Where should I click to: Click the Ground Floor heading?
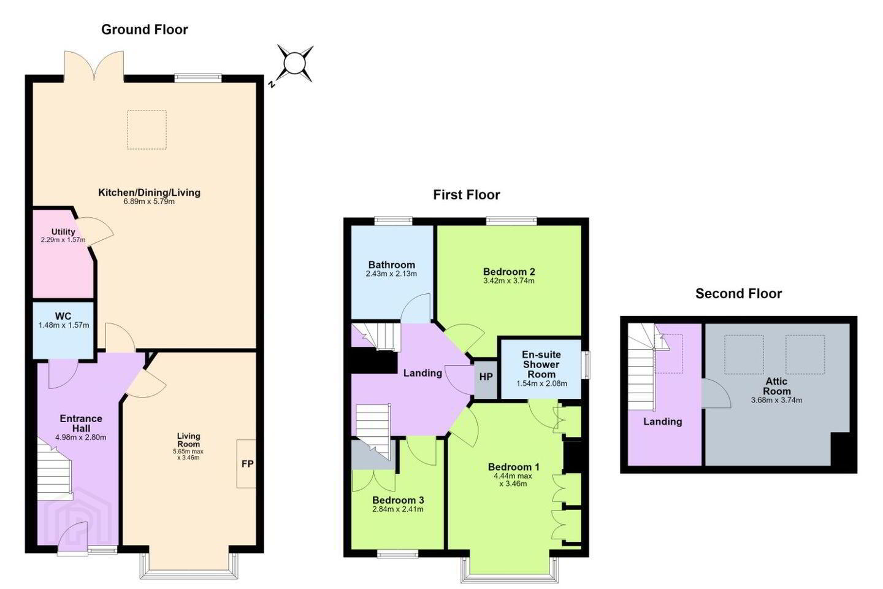(x=144, y=29)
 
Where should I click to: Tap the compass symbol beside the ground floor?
(x=294, y=64)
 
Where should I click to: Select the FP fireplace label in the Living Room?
(x=247, y=464)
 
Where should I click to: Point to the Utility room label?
(x=63, y=231)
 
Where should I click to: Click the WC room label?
(x=63, y=316)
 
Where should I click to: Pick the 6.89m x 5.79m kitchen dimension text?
(x=149, y=202)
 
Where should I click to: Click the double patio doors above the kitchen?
(x=94, y=66)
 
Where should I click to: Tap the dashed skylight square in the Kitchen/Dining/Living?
(x=147, y=130)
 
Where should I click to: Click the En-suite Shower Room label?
(x=541, y=364)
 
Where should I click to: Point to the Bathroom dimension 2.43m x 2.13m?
(x=391, y=274)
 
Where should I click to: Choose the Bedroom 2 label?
(x=509, y=272)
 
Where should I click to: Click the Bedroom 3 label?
(x=398, y=500)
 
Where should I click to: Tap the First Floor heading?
(x=466, y=195)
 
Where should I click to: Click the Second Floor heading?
(x=738, y=293)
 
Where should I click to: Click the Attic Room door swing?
(x=716, y=393)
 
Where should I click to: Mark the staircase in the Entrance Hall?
(x=55, y=469)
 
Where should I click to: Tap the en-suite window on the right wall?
(x=587, y=365)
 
